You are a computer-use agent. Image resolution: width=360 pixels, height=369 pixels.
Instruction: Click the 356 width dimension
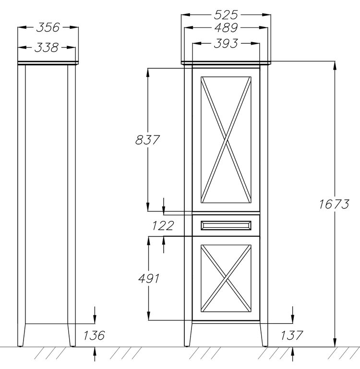tap(48, 27)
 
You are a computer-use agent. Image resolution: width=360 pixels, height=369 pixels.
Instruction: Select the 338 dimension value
tap(47, 48)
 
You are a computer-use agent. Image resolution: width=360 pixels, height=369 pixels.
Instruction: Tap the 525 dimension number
tap(226, 15)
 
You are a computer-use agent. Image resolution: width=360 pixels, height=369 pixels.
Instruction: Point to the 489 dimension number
tap(226, 28)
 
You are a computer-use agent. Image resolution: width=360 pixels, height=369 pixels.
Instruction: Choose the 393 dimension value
tap(226, 44)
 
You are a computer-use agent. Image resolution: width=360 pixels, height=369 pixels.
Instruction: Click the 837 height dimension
tap(147, 140)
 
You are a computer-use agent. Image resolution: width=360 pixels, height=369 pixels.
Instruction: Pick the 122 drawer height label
tap(163, 226)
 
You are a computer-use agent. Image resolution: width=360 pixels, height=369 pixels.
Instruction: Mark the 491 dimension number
tap(149, 279)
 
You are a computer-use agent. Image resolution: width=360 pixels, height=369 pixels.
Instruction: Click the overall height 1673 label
tap(334, 204)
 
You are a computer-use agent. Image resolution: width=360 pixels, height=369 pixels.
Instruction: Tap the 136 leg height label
tap(94, 335)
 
